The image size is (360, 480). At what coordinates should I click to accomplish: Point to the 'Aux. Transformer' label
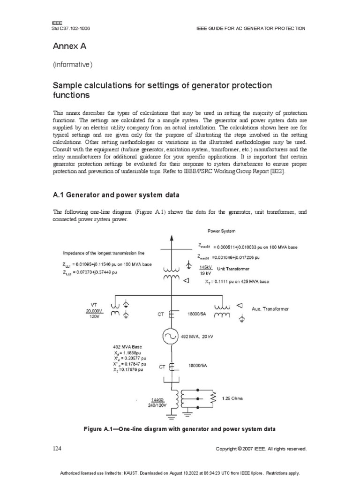[270, 309]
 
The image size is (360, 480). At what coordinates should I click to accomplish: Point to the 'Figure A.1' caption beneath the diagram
[179, 429]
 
